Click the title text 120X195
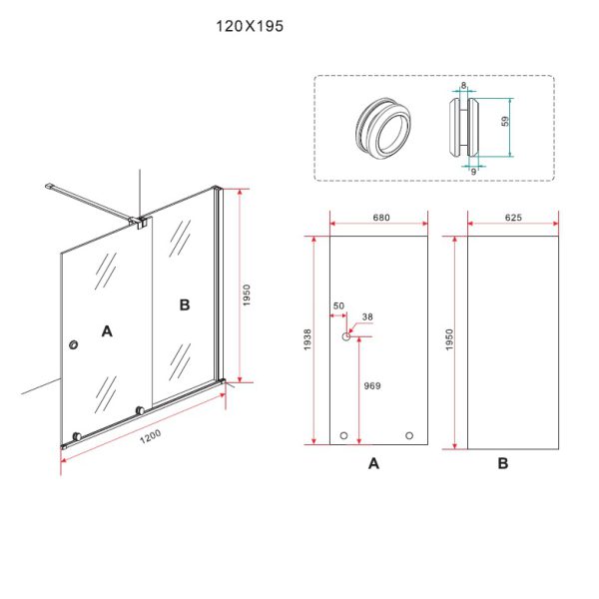point(250,26)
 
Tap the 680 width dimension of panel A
point(381,218)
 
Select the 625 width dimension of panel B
point(513,218)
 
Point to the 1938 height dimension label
point(307,339)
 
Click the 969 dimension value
point(372,385)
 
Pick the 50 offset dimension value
point(338,306)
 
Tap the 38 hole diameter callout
point(367,316)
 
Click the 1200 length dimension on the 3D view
point(150,436)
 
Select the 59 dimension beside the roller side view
point(505,122)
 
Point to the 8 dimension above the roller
point(463,85)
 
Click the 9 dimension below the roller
point(473,172)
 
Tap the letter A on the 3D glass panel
point(107,331)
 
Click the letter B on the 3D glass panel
point(185,304)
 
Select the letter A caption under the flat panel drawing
point(373,463)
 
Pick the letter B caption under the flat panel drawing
point(503,463)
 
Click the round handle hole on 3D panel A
point(74,345)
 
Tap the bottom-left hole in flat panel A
point(343,435)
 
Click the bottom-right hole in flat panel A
point(409,435)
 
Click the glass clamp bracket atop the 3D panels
point(139,222)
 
